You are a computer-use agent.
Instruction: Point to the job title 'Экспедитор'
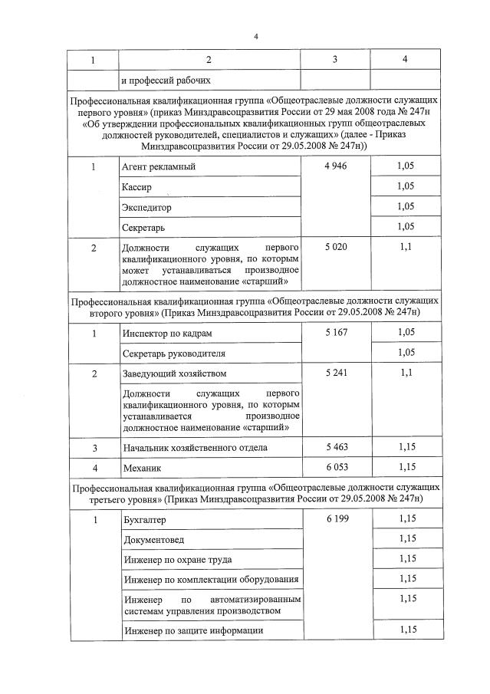146,207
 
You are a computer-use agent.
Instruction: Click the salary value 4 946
335,166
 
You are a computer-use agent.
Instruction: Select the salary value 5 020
335,248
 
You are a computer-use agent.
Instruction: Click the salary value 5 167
335,334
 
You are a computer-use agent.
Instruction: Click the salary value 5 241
335,373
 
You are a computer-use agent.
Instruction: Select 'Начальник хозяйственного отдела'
196,447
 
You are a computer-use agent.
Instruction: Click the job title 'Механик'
142,467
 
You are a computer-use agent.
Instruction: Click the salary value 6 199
335,520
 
